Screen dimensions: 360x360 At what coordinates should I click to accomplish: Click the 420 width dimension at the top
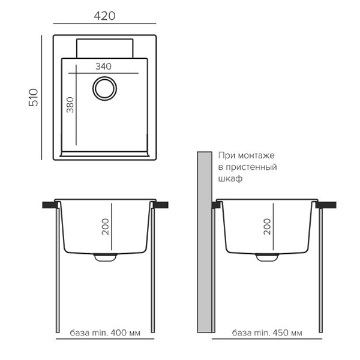(104, 16)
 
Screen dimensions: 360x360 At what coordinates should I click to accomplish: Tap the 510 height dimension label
(34, 97)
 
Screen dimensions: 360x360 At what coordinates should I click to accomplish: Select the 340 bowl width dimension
(104, 67)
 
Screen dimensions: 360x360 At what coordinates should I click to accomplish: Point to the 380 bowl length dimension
(70, 105)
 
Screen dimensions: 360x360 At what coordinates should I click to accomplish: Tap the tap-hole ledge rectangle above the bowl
(104, 48)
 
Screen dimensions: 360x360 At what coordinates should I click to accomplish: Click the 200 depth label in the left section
(106, 227)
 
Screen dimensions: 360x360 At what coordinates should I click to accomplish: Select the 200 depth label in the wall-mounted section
(267, 227)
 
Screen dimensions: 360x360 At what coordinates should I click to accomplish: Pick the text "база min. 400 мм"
(105, 332)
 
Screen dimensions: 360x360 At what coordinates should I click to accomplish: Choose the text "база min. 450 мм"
(267, 332)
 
